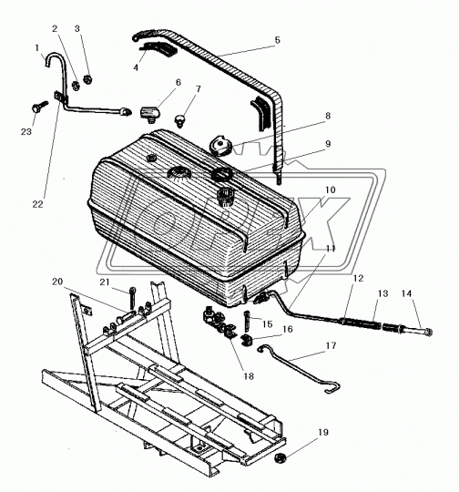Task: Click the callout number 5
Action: pyautogui.click(x=278, y=40)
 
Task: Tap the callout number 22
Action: pyautogui.click(x=37, y=204)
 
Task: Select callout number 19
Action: pyautogui.click(x=323, y=433)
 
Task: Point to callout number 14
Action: pyautogui.click(x=406, y=293)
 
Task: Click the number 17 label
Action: pyautogui.click(x=331, y=346)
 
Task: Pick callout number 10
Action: pyautogui.click(x=330, y=190)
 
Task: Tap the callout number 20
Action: pyautogui.click(x=57, y=282)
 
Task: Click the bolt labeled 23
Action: pyautogui.click(x=39, y=107)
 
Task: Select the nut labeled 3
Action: pyautogui.click(x=87, y=78)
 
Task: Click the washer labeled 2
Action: pyautogui.click(x=76, y=86)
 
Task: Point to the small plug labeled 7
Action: pyautogui.click(x=179, y=121)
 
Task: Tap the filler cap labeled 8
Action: pyautogui.click(x=220, y=146)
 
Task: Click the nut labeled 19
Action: pyautogui.click(x=279, y=458)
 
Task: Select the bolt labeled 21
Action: pyautogui.click(x=132, y=299)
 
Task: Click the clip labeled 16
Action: pyautogui.click(x=246, y=339)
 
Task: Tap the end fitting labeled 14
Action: pyautogui.click(x=416, y=331)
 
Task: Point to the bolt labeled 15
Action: pyautogui.click(x=247, y=322)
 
